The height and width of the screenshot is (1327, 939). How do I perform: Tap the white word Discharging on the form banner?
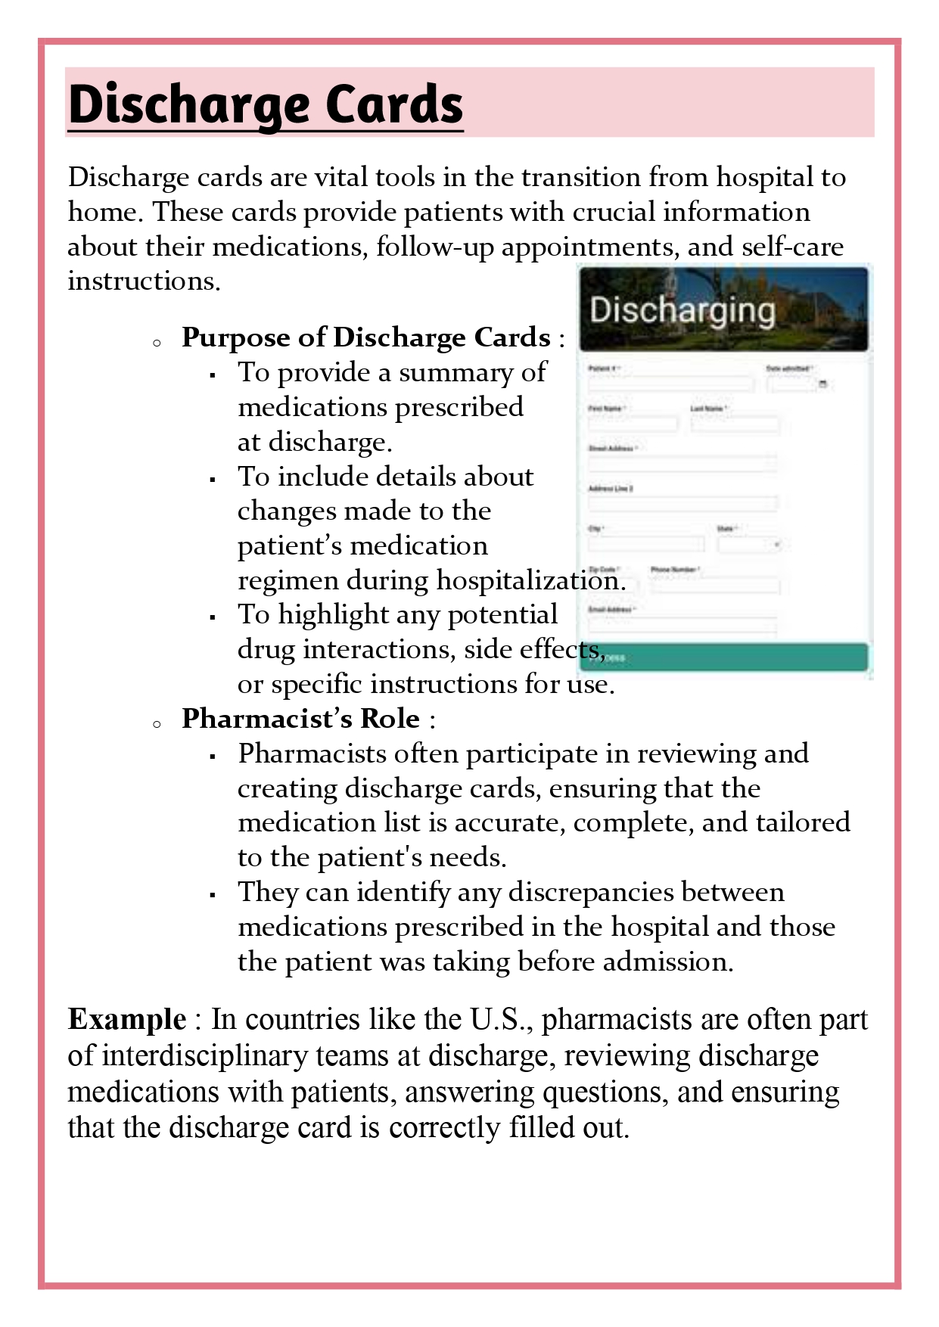682,310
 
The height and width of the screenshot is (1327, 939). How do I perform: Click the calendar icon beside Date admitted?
822,384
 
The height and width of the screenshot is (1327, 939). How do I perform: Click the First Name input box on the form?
633,424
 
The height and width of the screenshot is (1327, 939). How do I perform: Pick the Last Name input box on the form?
734,424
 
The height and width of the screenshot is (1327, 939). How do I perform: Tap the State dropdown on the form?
749,544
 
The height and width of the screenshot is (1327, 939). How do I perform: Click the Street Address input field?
682,464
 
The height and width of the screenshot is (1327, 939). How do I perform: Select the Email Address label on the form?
612,609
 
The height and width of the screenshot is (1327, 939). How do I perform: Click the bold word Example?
127,1019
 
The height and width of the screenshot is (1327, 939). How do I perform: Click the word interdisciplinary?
244,1055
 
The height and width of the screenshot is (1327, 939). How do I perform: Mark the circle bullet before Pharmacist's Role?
157,724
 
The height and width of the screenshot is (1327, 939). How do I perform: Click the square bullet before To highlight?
213,617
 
